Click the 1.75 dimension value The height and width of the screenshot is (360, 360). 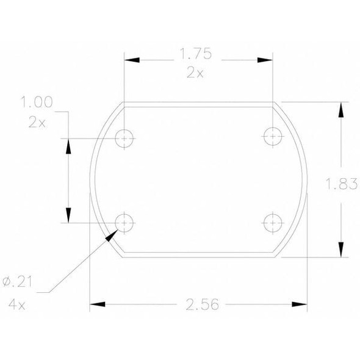195,55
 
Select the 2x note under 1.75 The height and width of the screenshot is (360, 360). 195,73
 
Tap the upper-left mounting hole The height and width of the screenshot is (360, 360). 125,139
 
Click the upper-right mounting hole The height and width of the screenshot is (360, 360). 273,136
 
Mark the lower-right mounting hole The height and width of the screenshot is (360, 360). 272,223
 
